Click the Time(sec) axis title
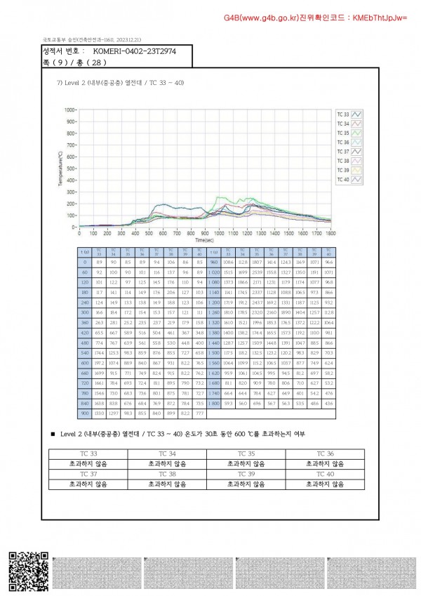click(205, 239)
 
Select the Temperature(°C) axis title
click(61, 168)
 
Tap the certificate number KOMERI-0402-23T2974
click(135, 51)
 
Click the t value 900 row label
click(84, 413)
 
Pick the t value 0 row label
click(84, 262)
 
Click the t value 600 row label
click(84, 362)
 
